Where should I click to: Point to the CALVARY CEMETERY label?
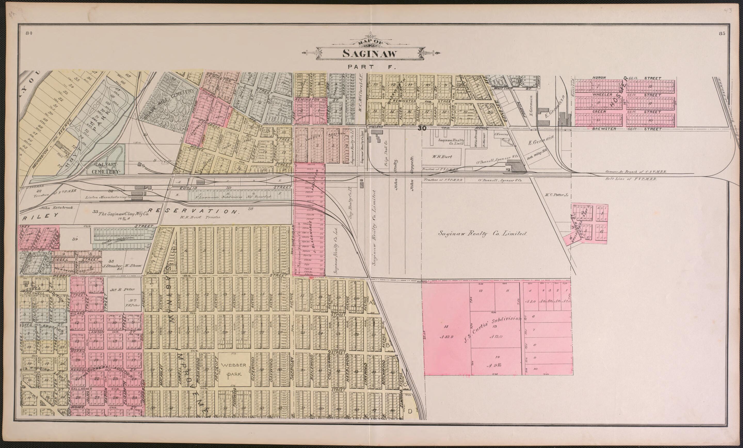tap(106, 168)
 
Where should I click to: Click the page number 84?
tap(29, 33)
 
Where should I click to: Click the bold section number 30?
tap(422, 128)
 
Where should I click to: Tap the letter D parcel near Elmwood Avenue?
tap(410, 411)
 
